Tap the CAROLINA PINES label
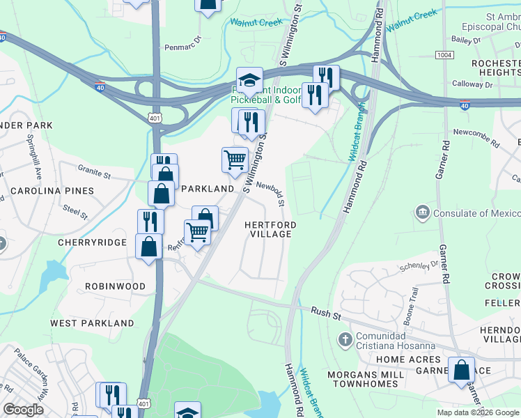pos(52,191)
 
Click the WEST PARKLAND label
pos(92,323)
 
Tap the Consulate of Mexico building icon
pos(422,212)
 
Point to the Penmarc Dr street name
pos(182,48)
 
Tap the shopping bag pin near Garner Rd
pos(461,370)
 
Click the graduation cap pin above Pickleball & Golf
pos(249,80)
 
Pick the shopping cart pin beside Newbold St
pos(235,160)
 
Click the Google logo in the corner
pos(24,410)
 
